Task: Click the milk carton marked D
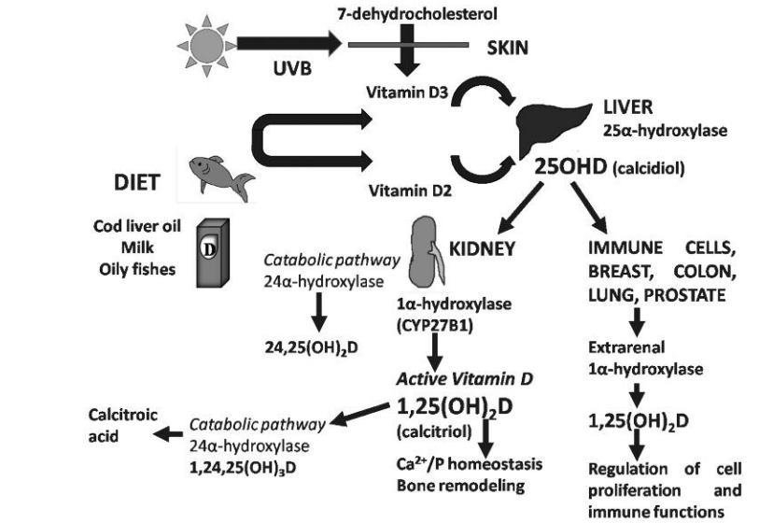[x=213, y=253]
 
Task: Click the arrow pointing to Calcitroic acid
[x=169, y=433]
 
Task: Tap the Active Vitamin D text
[x=451, y=379]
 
